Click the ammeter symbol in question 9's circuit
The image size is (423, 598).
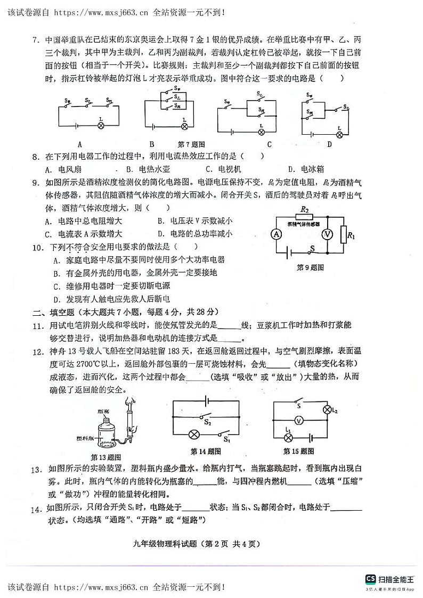click(x=277, y=234)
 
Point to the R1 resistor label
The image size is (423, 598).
click(x=351, y=234)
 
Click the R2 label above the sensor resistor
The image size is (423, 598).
click(x=305, y=210)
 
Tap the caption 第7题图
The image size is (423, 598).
click(x=191, y=144)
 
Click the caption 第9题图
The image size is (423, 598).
click(x=311, y=267)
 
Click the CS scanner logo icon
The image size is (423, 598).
click(x=370, y=579)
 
